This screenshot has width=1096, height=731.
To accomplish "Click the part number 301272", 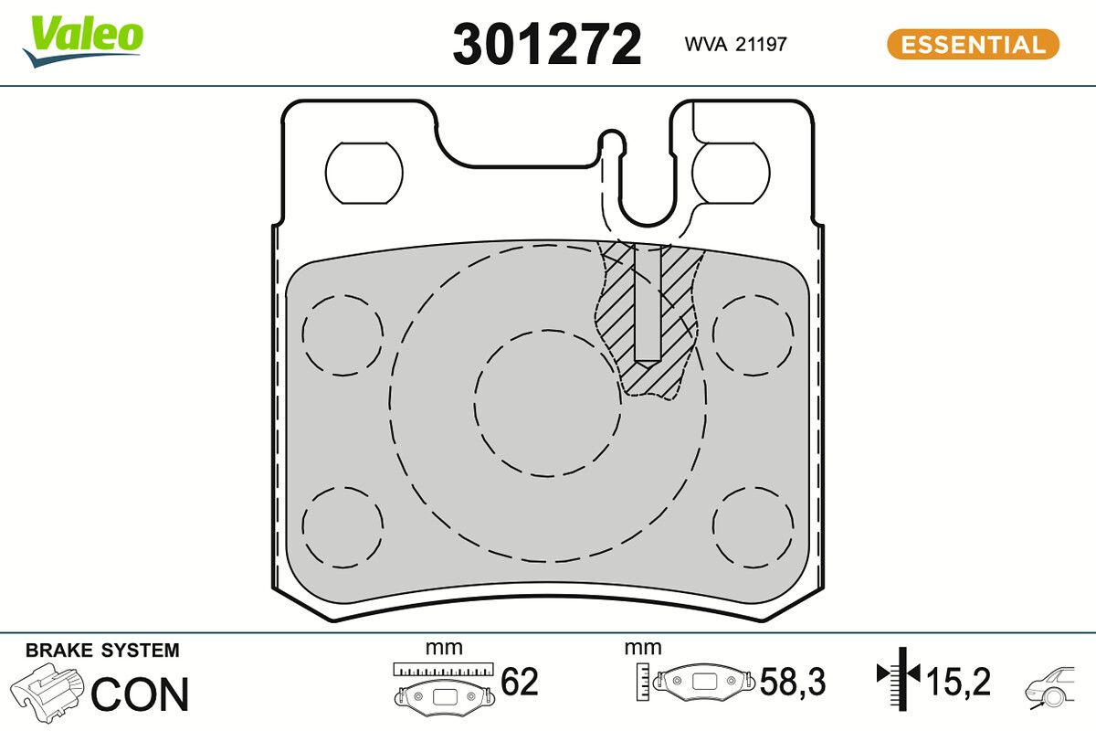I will click(x=547, y=44).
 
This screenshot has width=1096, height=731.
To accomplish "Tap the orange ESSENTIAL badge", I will click(x=973, y=44).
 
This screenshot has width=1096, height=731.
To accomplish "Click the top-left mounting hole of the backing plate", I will click(x=364, y=174).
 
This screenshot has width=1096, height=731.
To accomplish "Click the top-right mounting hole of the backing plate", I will click(x=730, y=174).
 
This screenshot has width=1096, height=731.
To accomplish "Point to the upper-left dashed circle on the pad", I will click(x=342, y=334).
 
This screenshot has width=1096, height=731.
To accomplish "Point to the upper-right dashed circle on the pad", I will click(x=753, y=334).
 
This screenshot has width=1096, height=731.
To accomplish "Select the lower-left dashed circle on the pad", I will click(x=342, y=527).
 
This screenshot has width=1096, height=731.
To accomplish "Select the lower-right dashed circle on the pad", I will click(x=753, y=527).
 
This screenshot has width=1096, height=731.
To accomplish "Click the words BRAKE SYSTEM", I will click(x=102, y=651).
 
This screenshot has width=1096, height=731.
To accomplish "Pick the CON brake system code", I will click(x=140, y=694).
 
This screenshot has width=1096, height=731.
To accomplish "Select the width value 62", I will click(x=520, y=682).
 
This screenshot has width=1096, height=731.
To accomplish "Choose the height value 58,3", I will click(x=793, y=682).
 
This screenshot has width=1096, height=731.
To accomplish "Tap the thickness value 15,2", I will click(x=958, y=682).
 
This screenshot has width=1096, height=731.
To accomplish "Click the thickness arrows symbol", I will click(x=900, y=676).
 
